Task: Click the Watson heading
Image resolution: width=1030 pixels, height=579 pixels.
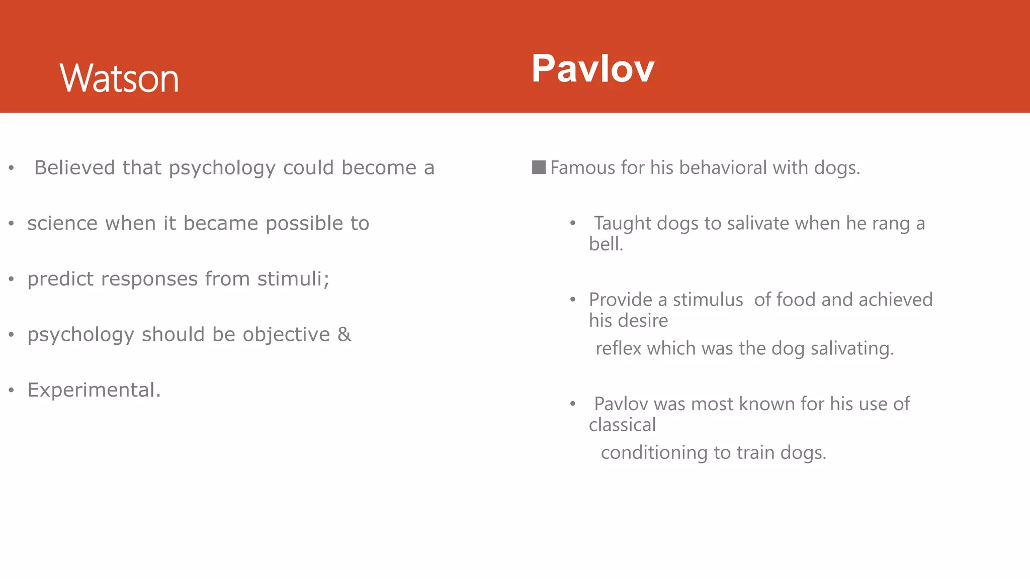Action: [x=119, y=78]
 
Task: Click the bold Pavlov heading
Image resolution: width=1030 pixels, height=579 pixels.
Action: [x=592, y=68]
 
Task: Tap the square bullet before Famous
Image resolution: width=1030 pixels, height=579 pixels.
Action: [x=539, y=167]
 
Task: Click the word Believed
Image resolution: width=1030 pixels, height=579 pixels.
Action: [x=74, y=168]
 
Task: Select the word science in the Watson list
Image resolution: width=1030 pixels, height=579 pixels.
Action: [x=62, y=223]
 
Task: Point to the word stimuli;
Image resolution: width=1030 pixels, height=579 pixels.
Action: [x=293, y=279]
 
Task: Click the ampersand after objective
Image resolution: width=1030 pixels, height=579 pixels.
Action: [x=344, y=334]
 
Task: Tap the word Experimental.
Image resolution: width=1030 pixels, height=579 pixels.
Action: [x=94, y=390]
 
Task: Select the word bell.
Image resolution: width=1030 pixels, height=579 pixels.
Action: [x=606, y=244]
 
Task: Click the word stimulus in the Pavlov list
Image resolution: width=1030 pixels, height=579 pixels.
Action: [x=708, y=300]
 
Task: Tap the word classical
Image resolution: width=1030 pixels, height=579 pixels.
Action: [x=622, y=425]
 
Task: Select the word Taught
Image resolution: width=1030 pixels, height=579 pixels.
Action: [x=623, y=223]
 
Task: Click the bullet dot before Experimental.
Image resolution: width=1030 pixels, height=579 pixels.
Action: [x=11, y=390]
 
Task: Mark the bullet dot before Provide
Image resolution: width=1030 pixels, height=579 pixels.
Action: [x=572, y=300]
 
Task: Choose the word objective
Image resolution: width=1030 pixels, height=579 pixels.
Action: [x=286, y=335]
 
